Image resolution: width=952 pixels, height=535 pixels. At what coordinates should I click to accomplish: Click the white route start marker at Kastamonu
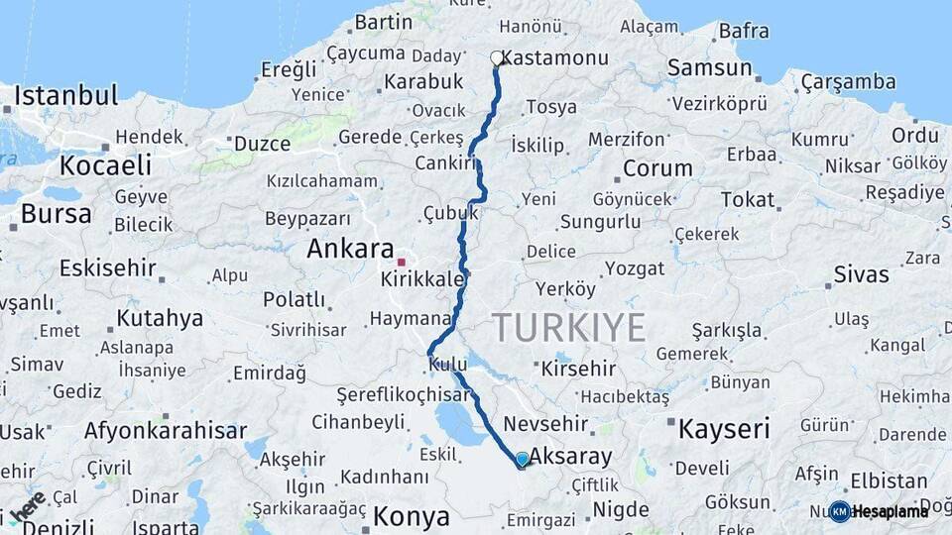click(x=497, y=58)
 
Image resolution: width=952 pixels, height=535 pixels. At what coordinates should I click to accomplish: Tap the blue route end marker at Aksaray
click(x=523, y=460)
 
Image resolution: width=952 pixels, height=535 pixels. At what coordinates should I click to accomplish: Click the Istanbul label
click(x=66, y=96)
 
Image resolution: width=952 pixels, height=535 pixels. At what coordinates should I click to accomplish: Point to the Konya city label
click(x=411, y=516)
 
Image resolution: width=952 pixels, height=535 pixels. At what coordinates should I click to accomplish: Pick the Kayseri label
click(x=724, y=429)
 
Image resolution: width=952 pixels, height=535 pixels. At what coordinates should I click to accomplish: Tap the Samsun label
click(x=709, y=68)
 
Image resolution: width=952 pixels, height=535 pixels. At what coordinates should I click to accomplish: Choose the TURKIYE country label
click(x=569, y=327)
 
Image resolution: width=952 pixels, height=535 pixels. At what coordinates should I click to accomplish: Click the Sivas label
click(x=861, y=274)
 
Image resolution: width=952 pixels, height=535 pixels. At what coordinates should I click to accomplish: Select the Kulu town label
click(x=448, y=366)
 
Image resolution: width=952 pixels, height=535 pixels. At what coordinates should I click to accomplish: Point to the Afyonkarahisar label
click(x=166, y=431)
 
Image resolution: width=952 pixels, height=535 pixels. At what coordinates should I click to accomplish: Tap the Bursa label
click(x=56, y=213)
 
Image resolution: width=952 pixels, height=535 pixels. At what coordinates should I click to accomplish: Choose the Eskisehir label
click(x=108, y=267)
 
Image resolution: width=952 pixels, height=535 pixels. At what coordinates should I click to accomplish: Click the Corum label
click(x=656, y=168)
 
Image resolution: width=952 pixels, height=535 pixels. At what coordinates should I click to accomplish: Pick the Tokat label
click(x=748, y=200)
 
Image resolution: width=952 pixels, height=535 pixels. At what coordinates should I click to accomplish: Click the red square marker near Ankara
click(x=402, y=263)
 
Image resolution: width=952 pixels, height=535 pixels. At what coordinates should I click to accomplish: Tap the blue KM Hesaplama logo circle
click(x=840, y=511)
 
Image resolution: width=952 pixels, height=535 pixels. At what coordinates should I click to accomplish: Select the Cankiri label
click(x=441, y=162)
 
